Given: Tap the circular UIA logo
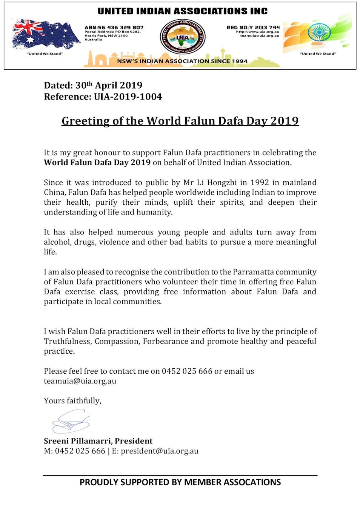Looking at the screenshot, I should [x=183, y=37].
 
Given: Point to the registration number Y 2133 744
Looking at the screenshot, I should [x=264, y=28].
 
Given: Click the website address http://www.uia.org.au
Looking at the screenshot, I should [x=258, y=32].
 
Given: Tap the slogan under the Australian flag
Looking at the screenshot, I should [x=45, y=54].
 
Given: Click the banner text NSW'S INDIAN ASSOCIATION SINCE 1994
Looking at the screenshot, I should [x=182, y=61].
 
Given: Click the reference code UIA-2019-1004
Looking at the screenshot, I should [x=128, y=97].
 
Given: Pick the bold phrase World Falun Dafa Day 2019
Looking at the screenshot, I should [x=97, y=163].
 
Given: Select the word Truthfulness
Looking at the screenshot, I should [x=68, y=341].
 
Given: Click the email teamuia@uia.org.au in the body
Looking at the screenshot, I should [x=80, y=381].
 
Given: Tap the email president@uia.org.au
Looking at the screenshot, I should [x=159, y=451].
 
